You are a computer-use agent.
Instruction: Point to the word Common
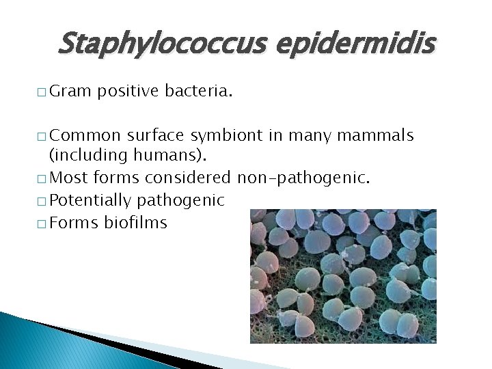(x=85, y=135)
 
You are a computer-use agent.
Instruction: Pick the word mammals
(x=379, y=135)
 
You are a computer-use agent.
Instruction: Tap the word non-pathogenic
(x=304, y=178)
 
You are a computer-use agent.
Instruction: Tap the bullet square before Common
(x=44, y=137)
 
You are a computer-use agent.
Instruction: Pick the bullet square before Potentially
(x=44, y=202)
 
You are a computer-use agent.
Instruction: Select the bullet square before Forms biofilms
(x=44, y=223)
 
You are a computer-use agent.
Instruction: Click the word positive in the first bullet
(x=128, y=92)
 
